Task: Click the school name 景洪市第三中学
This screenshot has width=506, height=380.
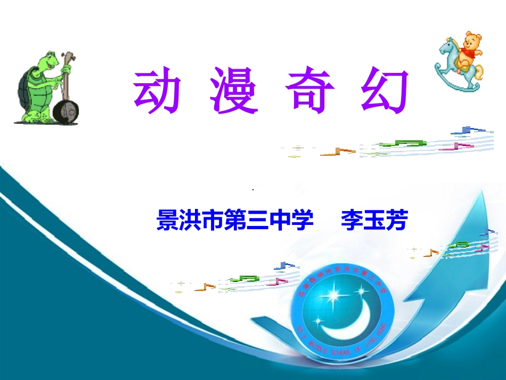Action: [x=235, y=220]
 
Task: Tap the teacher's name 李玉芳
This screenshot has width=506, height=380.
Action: [x=374, y=220]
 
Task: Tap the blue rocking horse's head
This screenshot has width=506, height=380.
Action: [x=446, y=50]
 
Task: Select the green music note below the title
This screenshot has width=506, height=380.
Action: [x=405, y=143]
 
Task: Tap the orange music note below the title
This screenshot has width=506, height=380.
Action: [x=338, y=152]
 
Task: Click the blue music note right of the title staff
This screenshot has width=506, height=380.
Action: [x=468, y=130]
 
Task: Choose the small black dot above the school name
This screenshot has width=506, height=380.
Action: [x=253, y=190]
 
